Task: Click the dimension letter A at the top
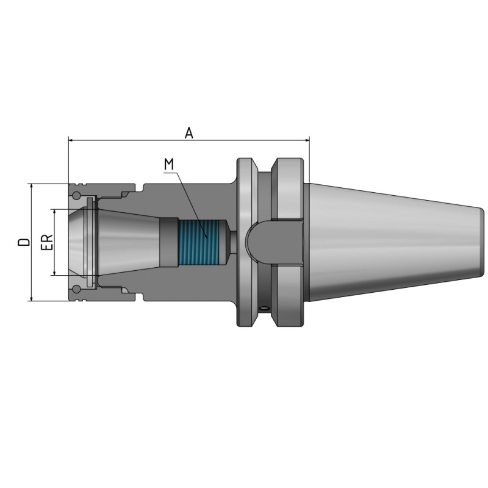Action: (x=189, y=132)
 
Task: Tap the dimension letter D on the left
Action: (x=24, y=242)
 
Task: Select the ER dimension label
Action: (x=46, y=242)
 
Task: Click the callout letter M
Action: (x=169, y=164)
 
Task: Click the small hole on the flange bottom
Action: (x=264, y=308)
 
